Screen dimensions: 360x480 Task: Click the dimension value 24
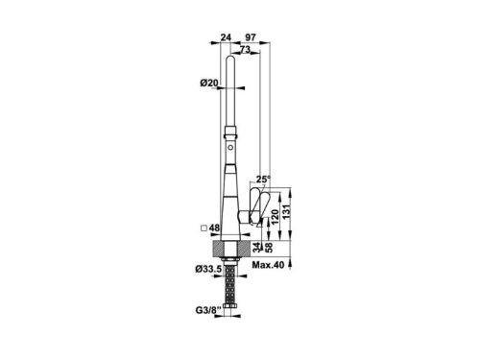227,36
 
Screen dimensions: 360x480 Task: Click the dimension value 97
251,36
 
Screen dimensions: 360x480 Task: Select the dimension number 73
246,48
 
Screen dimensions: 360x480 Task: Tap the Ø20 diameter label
209,84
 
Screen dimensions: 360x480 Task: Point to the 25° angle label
265,179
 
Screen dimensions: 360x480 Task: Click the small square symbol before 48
203,229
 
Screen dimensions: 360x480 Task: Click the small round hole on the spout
230,151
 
